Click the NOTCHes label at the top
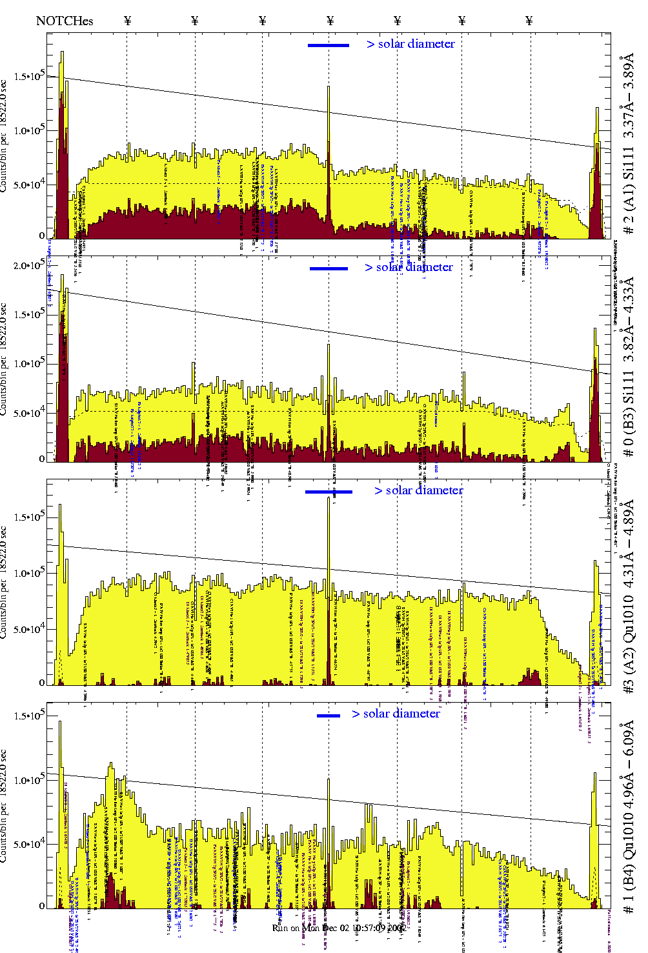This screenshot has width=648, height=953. [65, 21]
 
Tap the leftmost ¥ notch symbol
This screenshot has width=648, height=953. [127, 21]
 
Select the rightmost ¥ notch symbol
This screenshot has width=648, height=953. [529, 21]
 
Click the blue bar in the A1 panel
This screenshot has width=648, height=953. [328, 45]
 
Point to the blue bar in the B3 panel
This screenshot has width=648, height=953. [329, 268]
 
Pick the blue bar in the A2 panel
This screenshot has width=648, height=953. [329, 492]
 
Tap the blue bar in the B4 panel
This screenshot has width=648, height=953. [329, 715]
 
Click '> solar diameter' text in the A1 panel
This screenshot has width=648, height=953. [410, 44]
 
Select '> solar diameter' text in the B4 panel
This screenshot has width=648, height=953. [396, 714]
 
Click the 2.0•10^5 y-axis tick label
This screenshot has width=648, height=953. [29, 265]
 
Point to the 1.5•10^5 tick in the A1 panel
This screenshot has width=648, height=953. [29, 77]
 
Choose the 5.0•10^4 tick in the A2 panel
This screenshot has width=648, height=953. [29, 629]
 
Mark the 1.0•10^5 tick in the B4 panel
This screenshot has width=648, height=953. [29, 780]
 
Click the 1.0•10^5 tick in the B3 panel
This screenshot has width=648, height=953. [29, 364]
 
